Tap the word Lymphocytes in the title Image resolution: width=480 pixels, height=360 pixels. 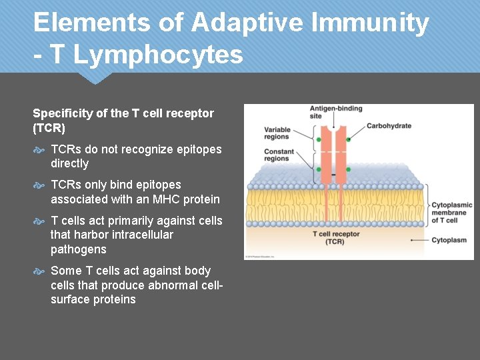pos(158,55)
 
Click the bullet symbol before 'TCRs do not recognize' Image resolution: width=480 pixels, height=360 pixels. pos(39,150)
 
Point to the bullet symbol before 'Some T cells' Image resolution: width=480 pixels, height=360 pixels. pos(39,271)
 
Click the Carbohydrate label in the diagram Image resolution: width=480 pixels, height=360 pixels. pos(389,126)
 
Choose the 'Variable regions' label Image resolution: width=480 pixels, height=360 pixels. pos(277,133)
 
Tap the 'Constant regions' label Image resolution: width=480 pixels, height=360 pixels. pos(279,155)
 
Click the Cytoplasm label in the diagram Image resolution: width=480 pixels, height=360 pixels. pos(449,240)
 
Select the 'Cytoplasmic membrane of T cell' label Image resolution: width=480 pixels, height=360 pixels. pos(451,213)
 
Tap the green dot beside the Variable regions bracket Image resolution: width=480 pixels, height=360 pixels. pos(319,139)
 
